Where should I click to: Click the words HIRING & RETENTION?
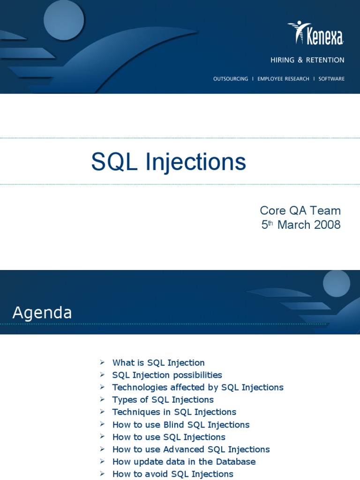pos(307,60)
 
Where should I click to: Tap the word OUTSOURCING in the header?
pos(230,79)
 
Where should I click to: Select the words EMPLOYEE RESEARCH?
pos(283,79)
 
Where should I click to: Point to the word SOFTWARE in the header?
pos(331,79)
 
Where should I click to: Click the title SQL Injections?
pos(168,162)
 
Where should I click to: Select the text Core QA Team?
pos(300,210)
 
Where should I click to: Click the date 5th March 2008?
pos(300,225)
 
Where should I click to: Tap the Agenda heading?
pos(42,313)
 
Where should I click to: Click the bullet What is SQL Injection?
pos(158,363)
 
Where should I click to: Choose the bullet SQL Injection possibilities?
pos(167,375)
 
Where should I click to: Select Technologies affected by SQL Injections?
pos(197,387)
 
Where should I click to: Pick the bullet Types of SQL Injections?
pos(163,400)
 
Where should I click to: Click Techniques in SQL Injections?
pos(174,412)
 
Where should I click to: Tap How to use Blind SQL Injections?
pos(180,425)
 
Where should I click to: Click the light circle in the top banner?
pos(64,20)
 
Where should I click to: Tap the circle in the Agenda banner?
pos(336,284)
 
